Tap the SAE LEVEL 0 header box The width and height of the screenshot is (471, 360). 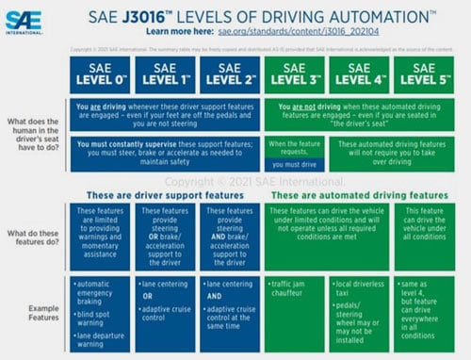101,74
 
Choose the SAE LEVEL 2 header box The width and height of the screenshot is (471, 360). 230,74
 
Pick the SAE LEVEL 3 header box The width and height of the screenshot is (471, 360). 294,74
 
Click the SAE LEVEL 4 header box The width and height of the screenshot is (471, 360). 358,74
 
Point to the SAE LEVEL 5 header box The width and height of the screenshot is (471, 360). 423,74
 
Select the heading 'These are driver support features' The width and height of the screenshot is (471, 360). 165,194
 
